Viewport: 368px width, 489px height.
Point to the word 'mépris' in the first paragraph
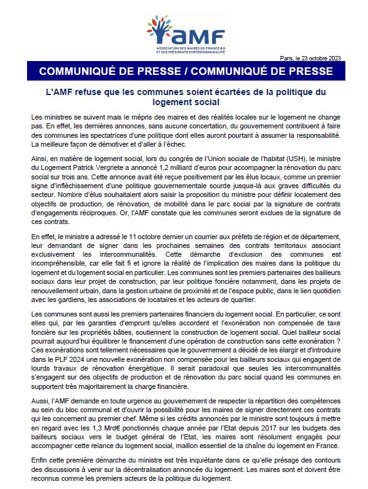tap(125, 117)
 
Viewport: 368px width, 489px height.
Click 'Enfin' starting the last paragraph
tap(39, 460)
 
